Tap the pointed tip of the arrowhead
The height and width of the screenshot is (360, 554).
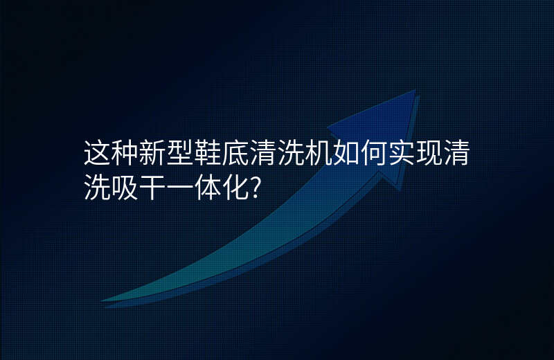[x=415, y=90]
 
